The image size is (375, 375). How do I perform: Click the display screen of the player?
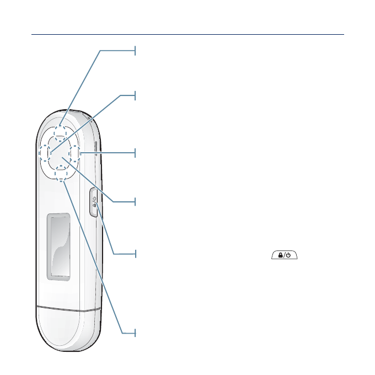pos(58,245)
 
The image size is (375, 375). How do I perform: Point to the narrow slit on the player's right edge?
pos(97,149)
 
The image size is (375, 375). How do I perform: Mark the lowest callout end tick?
pos(135,333)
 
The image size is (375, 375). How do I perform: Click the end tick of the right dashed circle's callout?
pos(135,153)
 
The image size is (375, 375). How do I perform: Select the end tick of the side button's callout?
pos(135,254)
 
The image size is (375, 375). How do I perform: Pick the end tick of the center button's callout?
pos(135,202)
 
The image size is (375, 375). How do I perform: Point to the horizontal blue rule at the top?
pos(187,34)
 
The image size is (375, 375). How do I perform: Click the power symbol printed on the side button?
pos(94,199)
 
